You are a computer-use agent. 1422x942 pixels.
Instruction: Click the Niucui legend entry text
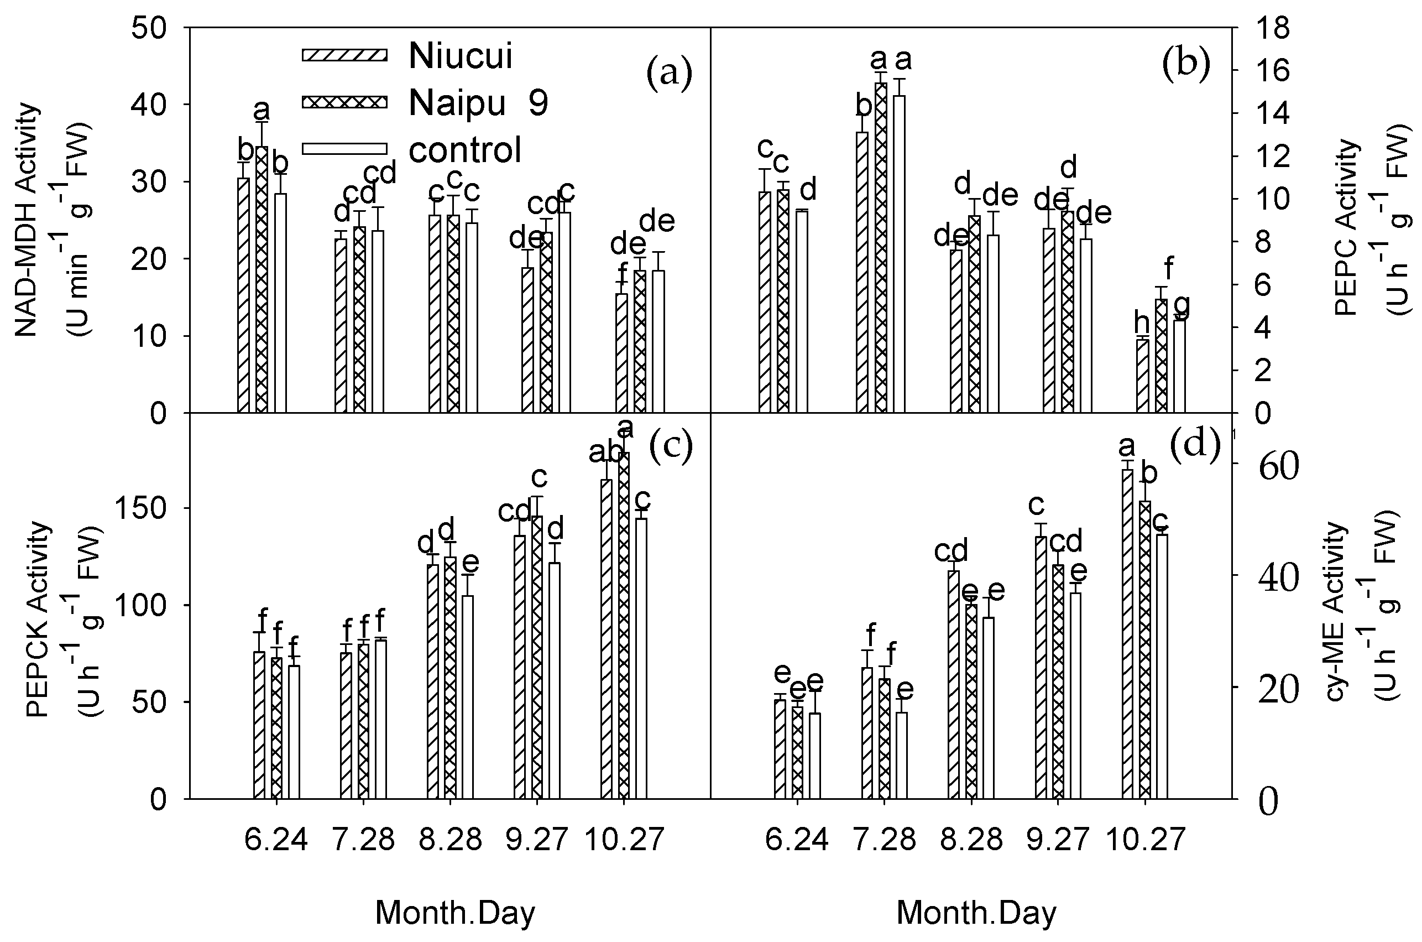(x=460, y=56)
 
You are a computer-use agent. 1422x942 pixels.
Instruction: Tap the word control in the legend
(x=465, y=149)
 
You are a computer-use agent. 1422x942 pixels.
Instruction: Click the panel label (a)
(x=668, y=74)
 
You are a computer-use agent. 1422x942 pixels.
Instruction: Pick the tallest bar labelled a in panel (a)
(x=261, y=279)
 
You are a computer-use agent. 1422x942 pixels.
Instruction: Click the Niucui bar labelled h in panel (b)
(x=1142, y=376)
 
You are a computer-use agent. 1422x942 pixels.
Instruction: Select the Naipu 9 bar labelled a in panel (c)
(x=624, y=625)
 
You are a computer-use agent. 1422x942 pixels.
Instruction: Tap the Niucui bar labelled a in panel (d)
(x=1127, y=634)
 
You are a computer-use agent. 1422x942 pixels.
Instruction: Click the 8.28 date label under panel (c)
(x=450, y=839)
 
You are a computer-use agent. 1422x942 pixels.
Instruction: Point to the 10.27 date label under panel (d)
(x=1145, y=839)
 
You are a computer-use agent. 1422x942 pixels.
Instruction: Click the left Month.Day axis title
(x=454, y=913)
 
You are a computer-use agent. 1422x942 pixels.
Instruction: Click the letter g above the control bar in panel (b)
(x=1180, y=305)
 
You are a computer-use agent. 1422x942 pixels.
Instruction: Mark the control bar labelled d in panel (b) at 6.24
(x=802, y=311)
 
